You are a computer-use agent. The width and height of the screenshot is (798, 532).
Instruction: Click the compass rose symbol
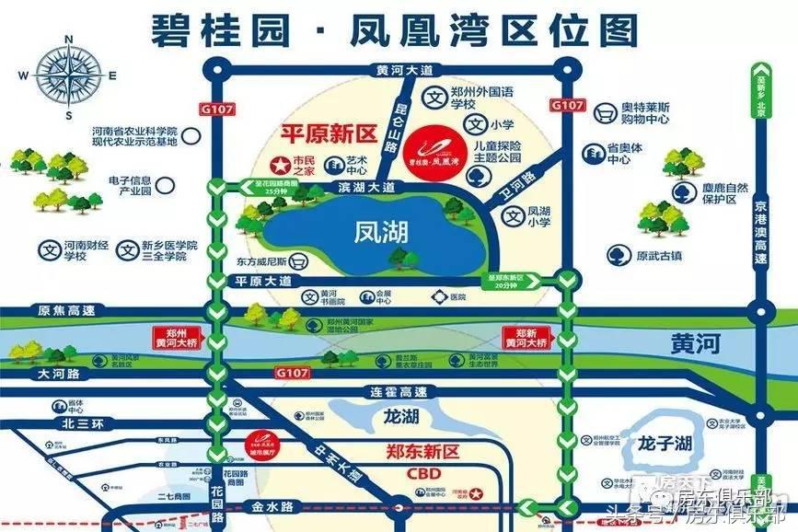69,75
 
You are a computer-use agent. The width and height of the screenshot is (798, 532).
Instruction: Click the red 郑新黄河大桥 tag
524,334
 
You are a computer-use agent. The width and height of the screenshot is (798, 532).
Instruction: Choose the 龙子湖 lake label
664,443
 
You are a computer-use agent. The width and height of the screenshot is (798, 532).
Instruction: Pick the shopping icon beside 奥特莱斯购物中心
605,114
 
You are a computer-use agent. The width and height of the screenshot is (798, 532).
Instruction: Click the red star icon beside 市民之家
277,164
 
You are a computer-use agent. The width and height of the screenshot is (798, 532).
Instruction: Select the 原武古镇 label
654,254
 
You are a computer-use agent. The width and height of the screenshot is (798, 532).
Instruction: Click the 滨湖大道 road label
365,187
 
